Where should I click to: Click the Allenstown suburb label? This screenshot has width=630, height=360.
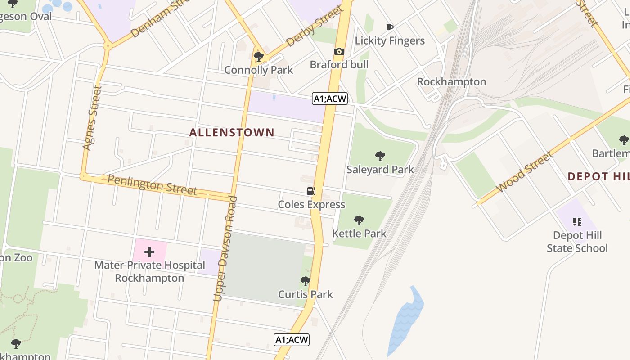[232, 132]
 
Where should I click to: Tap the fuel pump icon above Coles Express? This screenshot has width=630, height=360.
[311, 191]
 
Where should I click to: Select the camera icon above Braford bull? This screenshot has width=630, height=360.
[339, 52]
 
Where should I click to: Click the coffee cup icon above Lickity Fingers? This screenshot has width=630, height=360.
[390, 28]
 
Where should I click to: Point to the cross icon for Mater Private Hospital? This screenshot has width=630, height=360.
[149, 252]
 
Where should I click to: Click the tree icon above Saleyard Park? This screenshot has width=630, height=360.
[380, 156]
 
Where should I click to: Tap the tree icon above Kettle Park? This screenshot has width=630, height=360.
[359, 220]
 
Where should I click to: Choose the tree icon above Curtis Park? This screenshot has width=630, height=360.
[306, 282]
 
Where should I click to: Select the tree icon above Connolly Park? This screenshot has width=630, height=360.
[258, 57]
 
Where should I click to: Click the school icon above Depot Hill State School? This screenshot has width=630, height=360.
[577, 221]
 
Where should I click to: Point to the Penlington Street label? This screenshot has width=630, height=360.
[152, 185]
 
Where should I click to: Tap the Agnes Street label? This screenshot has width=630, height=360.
[90, 118]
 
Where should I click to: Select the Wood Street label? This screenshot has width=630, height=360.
[524, 172]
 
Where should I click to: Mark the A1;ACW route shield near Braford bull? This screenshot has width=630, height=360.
[330, 99]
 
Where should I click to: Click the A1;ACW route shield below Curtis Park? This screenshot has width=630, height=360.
[292, 340]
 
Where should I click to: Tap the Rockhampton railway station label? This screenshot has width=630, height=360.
[451, 82]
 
